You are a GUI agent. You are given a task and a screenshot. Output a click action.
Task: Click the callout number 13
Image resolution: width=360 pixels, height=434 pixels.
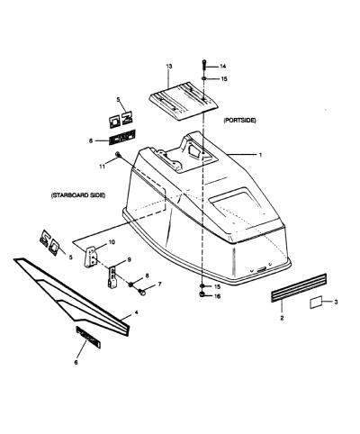coord(169,67)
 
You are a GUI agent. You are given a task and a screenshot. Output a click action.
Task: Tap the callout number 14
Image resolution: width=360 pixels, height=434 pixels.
coord(222,67)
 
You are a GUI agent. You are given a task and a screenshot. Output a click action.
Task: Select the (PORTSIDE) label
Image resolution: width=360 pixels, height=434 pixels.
coord(239,121)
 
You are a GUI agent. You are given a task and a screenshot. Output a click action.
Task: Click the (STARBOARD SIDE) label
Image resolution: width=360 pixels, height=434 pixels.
coord(78,195)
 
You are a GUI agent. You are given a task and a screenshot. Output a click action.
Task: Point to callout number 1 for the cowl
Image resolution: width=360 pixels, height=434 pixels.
coord(260,155)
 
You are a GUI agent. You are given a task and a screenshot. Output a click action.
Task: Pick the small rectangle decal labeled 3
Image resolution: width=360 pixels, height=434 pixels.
coord(316,303)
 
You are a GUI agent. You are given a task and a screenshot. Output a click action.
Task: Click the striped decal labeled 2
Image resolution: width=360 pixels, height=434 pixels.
coord(299,287)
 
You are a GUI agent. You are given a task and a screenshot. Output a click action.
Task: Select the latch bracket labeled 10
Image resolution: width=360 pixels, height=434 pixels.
coord(91,257)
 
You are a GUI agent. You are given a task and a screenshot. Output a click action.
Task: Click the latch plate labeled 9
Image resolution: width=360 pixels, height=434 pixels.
coord(112,277)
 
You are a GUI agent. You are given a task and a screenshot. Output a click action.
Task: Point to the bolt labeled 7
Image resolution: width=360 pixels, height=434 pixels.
coord(141,291)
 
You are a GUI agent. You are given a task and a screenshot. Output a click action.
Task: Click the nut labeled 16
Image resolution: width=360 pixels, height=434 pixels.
coord(202,294)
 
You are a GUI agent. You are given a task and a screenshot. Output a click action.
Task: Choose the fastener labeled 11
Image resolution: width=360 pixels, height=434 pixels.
coord(118,155)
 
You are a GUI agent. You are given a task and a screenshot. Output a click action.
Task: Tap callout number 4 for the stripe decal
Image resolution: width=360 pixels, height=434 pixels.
coord(136,312)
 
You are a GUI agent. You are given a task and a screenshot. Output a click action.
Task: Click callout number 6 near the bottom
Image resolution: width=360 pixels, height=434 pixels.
coord(76,362)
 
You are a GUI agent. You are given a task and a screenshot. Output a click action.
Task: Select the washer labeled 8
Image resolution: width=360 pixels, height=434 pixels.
coord(131,285)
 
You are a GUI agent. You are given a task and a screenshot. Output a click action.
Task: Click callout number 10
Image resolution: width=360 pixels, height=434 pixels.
coord(111,242)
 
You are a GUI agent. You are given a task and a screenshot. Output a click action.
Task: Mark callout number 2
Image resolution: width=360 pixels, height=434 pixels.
coord(282,318)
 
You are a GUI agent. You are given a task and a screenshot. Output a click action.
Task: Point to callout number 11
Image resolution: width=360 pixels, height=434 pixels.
coord(103,167)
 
